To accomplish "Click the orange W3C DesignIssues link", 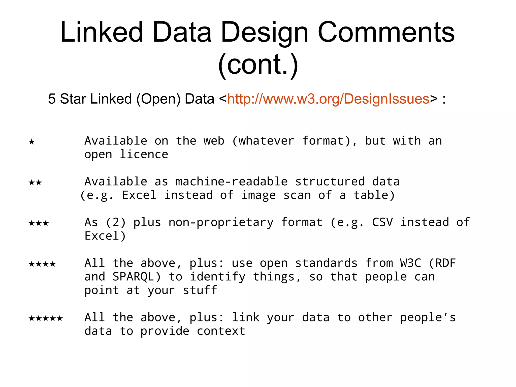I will [328, 99].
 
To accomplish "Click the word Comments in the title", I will [386, 32].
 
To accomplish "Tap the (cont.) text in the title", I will [258, 65].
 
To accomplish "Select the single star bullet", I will [32, 141].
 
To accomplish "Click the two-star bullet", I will [35, 182].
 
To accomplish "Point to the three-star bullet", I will [39, 223].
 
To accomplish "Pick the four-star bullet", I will [42, 264].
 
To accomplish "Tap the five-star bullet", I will [46, 318].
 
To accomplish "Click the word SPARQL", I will [136, 277].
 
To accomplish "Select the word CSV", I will [382, 222].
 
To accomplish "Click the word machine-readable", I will [231, 182].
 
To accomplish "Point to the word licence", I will [144, 154].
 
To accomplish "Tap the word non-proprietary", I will [221, 222].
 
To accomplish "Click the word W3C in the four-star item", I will [410, 263].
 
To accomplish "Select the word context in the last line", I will [221, 331].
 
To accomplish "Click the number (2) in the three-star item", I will [116, 222].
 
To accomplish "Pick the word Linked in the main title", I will [102, 32].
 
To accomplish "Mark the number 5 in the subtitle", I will [52, 99].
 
